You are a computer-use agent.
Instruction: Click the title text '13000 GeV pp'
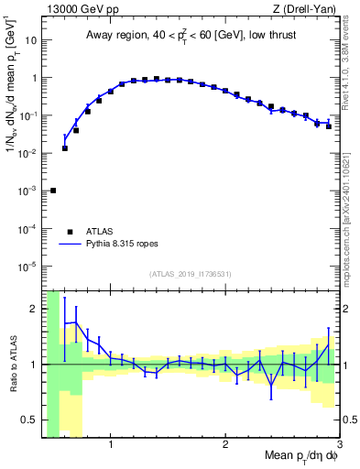81,10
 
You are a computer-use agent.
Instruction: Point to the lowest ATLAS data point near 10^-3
53,191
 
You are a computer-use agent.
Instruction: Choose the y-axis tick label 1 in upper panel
34,78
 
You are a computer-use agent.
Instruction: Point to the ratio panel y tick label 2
34,309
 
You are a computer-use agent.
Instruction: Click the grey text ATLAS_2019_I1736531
191,274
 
